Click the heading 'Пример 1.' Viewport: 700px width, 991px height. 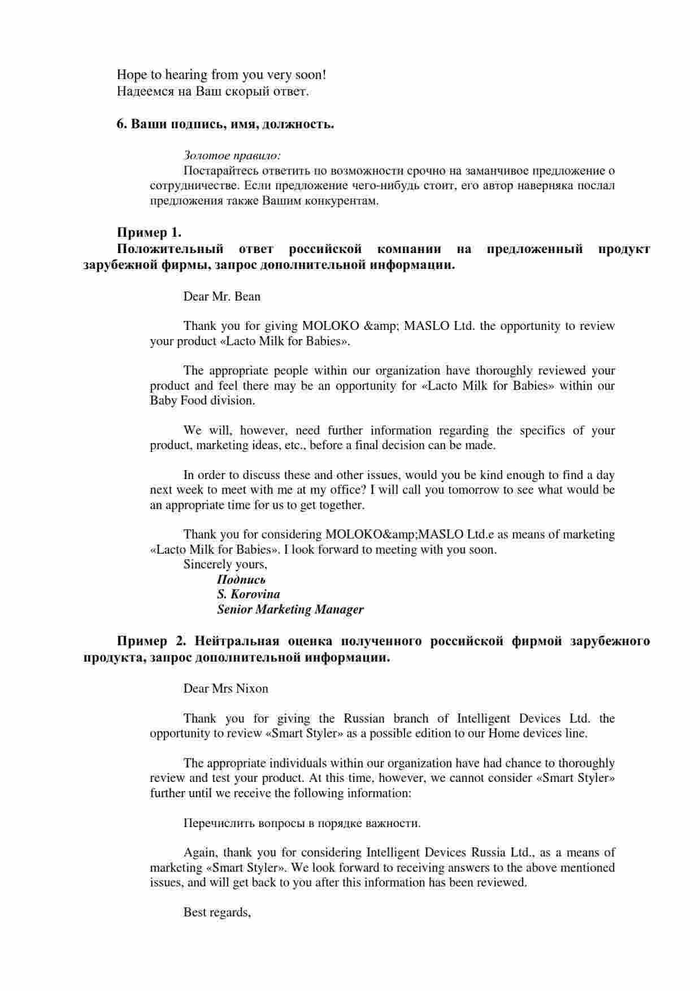coord(149,232)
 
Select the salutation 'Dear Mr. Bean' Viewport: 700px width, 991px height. coord(221,296)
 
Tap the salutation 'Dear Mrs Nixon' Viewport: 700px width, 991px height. coord(225,689)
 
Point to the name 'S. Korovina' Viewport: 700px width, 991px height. coord(248,594)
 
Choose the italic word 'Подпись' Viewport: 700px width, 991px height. coord(241,580)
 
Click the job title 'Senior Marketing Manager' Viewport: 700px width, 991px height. coord(290,610)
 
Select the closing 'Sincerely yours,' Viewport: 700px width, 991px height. coord(225,564)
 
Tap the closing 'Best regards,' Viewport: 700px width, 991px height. coord(217,912)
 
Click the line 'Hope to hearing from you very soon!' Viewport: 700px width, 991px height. coord(221,75)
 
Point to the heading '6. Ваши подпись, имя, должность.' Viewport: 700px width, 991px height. coord(225,124)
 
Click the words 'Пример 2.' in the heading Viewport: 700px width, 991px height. coord(151,641)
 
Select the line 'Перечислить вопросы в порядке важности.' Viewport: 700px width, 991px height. coord(302,823)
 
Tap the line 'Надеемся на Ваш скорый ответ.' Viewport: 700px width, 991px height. coord(212,91)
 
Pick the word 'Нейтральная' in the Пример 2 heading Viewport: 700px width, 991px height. coord(237,641)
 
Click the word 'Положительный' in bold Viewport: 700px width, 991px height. coord(170,249)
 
